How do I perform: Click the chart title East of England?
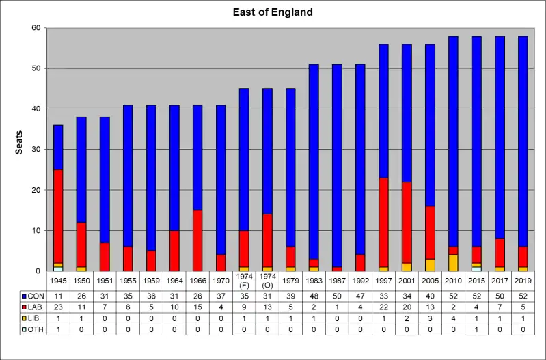(x=273, y=12)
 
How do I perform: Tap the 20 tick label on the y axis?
(x=36, y=190)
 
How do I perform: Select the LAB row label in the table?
(x=33, y=308)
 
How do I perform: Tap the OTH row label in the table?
(x=33, y=330)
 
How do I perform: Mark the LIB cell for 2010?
(x=453, y=319)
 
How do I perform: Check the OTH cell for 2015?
(x=476, y=330)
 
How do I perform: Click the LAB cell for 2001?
(x=407, y=308)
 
